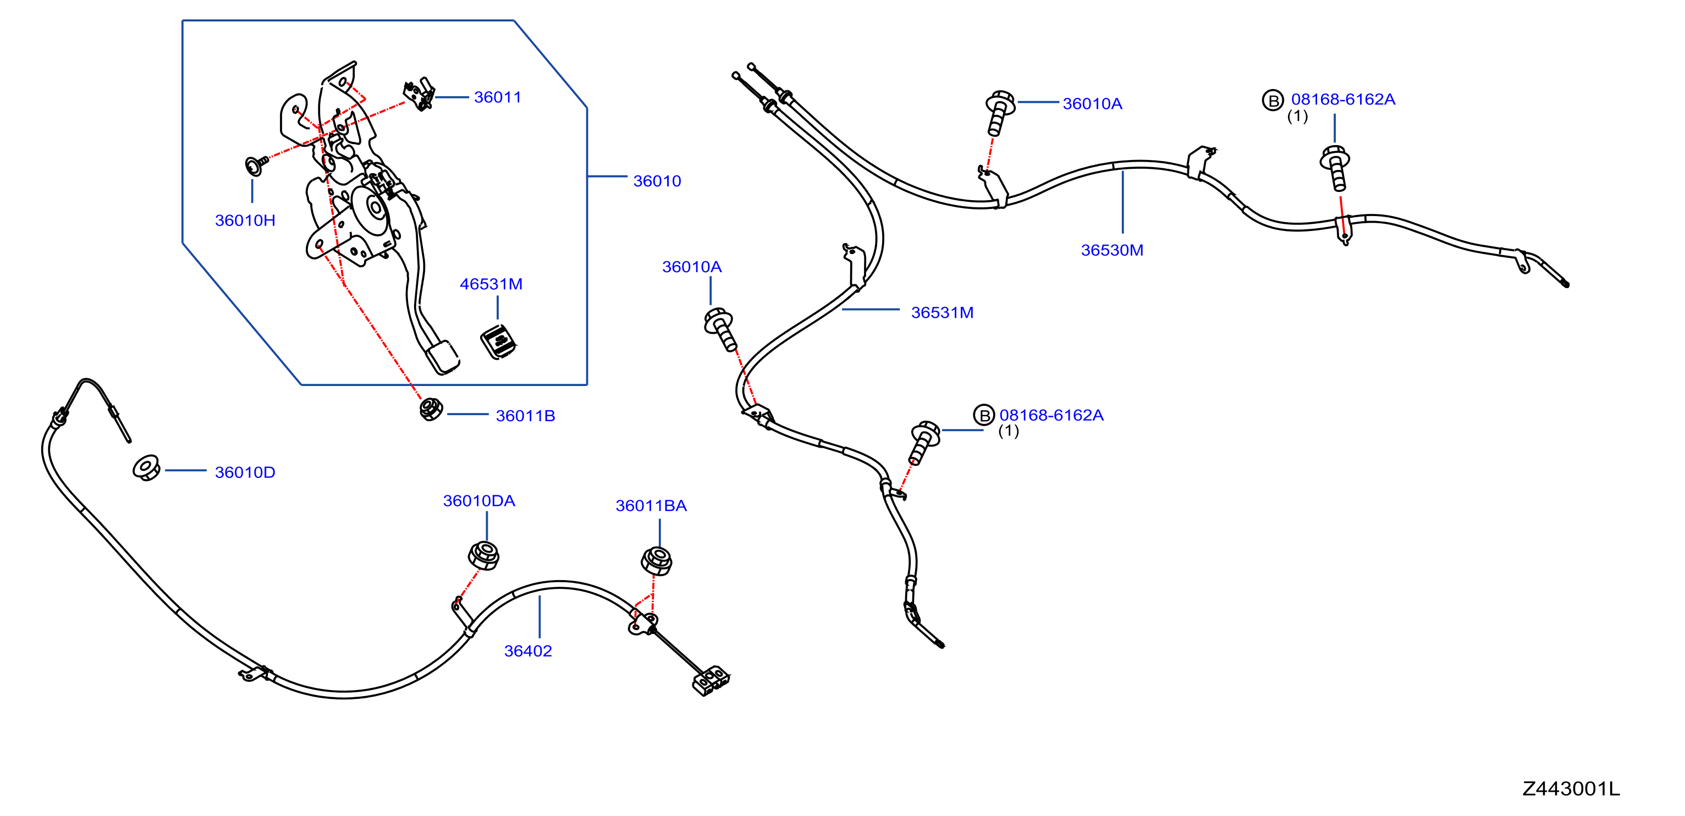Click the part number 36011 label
pos(498,97)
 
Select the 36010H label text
pos(245,220)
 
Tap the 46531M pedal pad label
pos(491,284)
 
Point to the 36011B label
pos(525,416)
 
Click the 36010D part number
pos(245,472)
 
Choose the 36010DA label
pos(479,501)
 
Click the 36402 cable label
pos(528,650)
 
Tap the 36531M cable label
pos(942,312)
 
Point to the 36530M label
pos(1112,250)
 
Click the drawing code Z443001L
pos(1571,789)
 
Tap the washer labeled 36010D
pos(146,467)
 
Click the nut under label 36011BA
pos(657,560)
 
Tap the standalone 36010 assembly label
pos(657,181)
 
